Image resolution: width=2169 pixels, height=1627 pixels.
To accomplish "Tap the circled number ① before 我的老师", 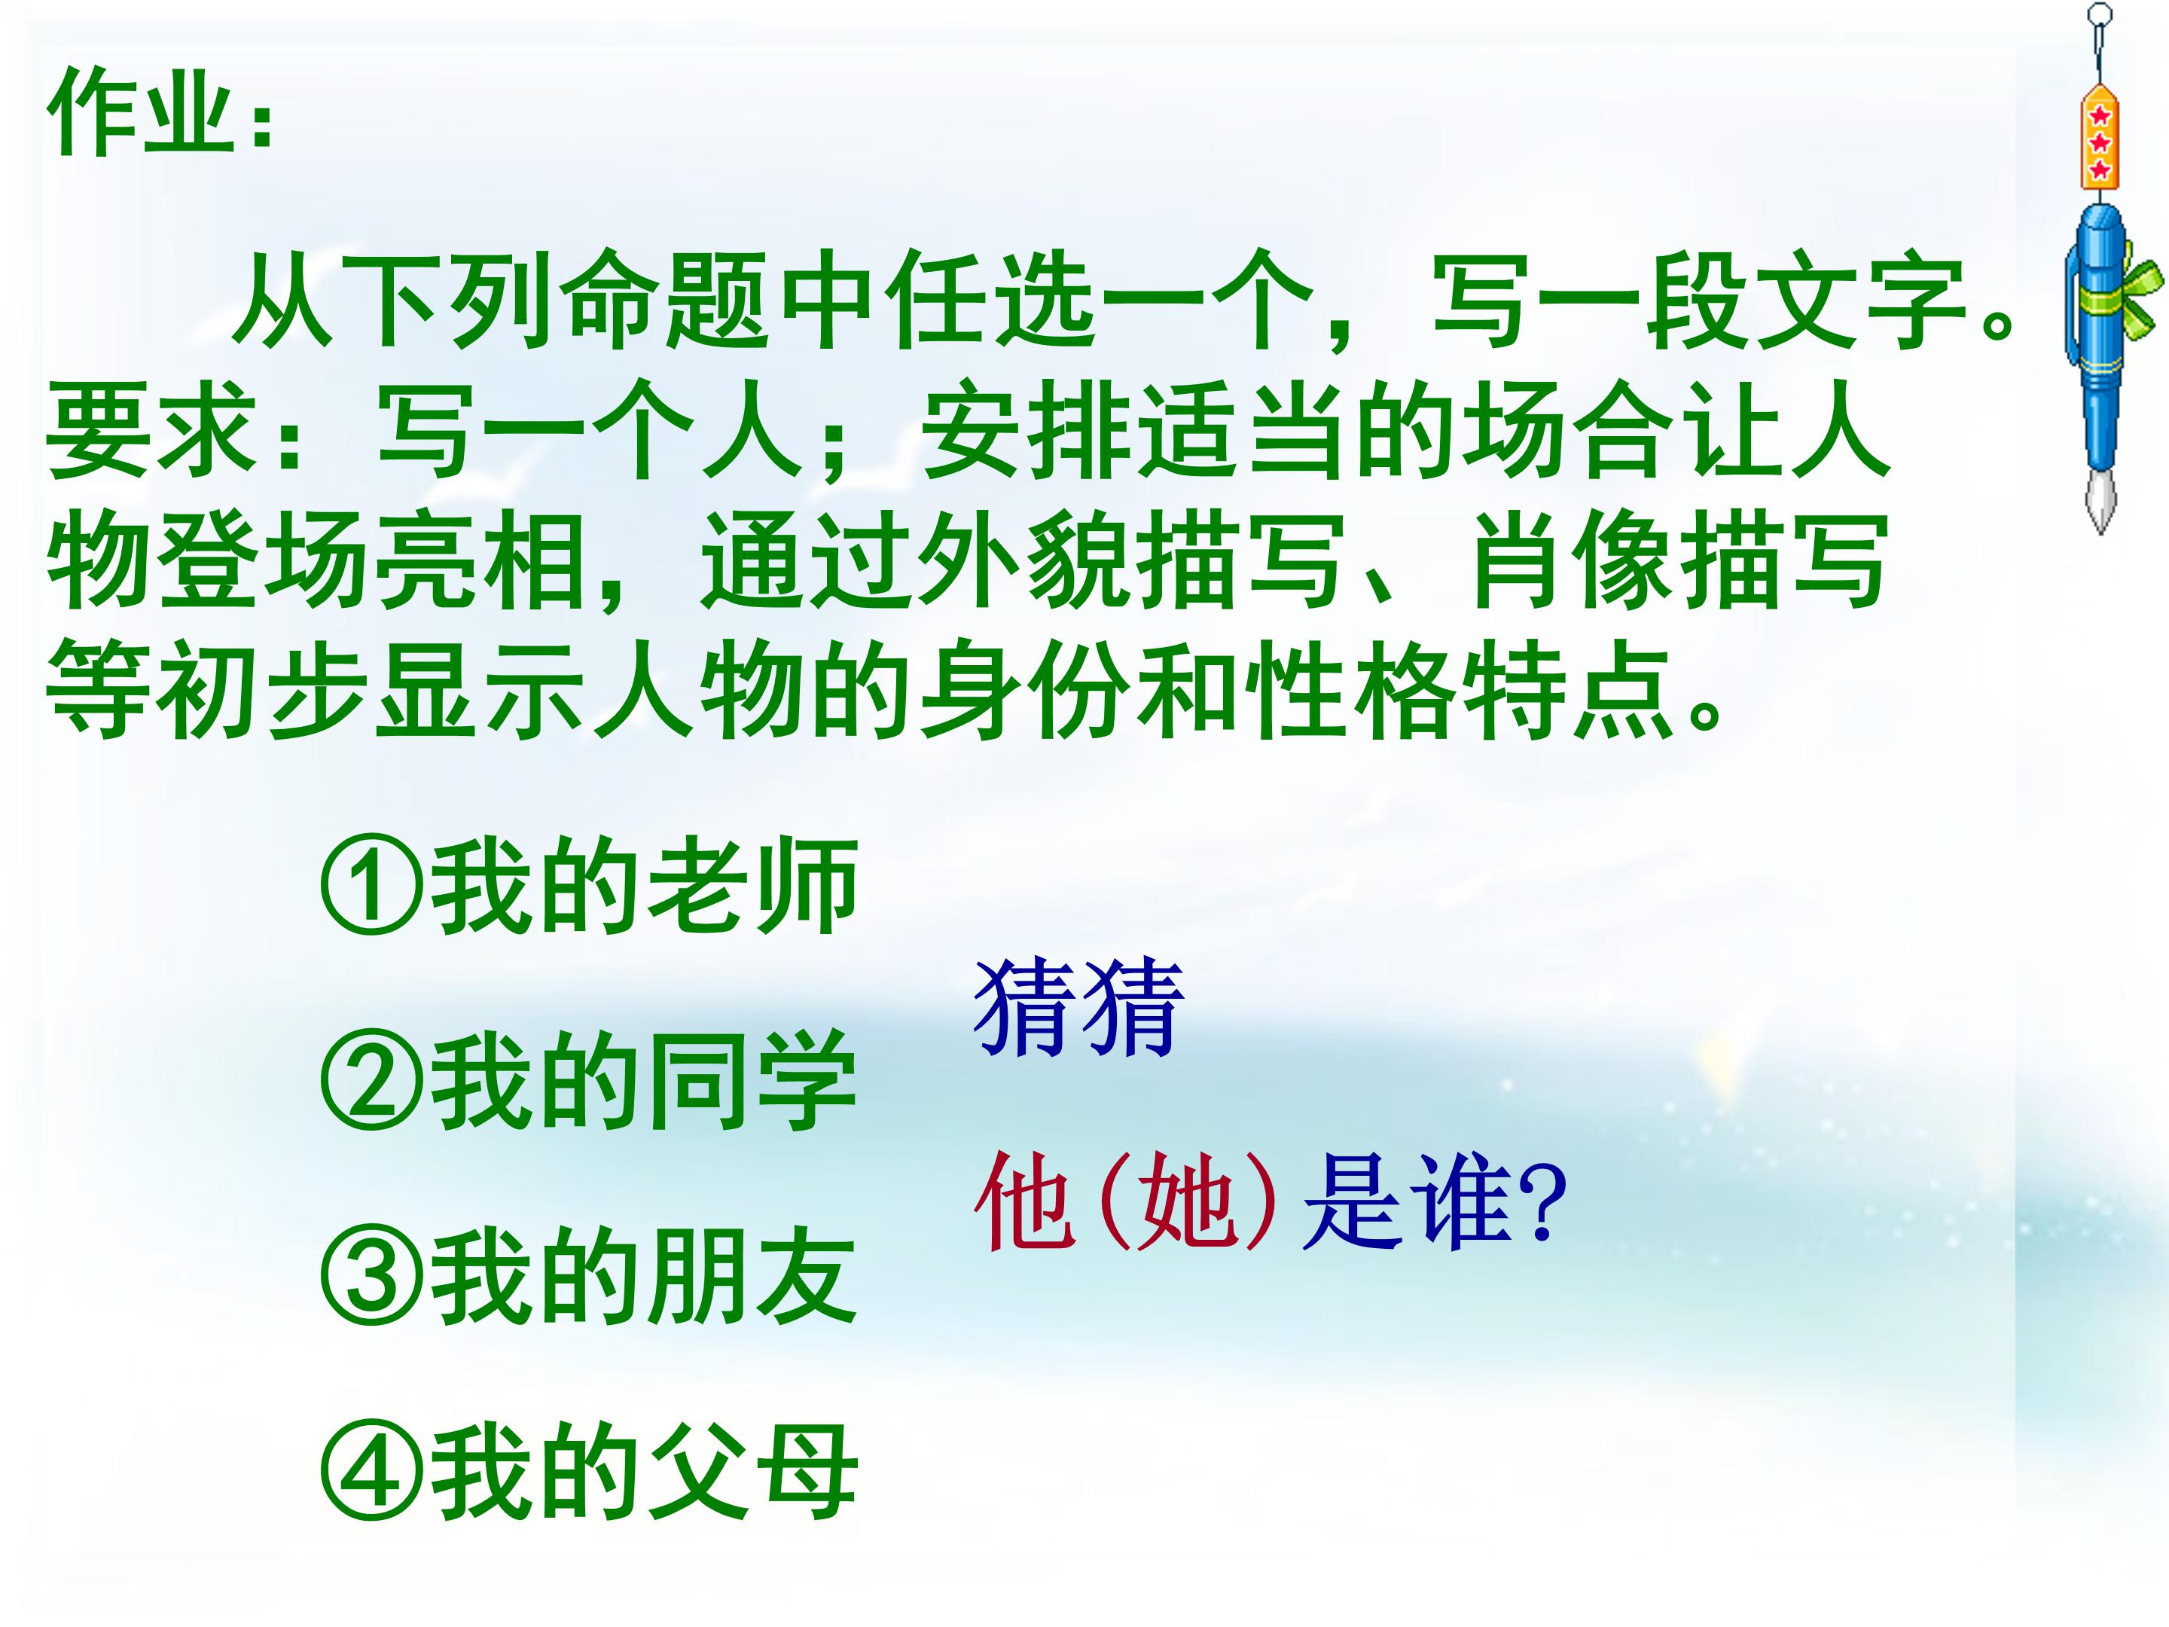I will click(x=373, y=890).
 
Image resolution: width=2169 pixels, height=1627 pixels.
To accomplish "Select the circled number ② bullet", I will click(x=373, y=1085).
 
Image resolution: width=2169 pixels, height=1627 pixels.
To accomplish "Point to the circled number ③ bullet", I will click(x=373, y=1279).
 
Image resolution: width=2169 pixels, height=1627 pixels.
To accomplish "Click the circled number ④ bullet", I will click(x=373, y=1474).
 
